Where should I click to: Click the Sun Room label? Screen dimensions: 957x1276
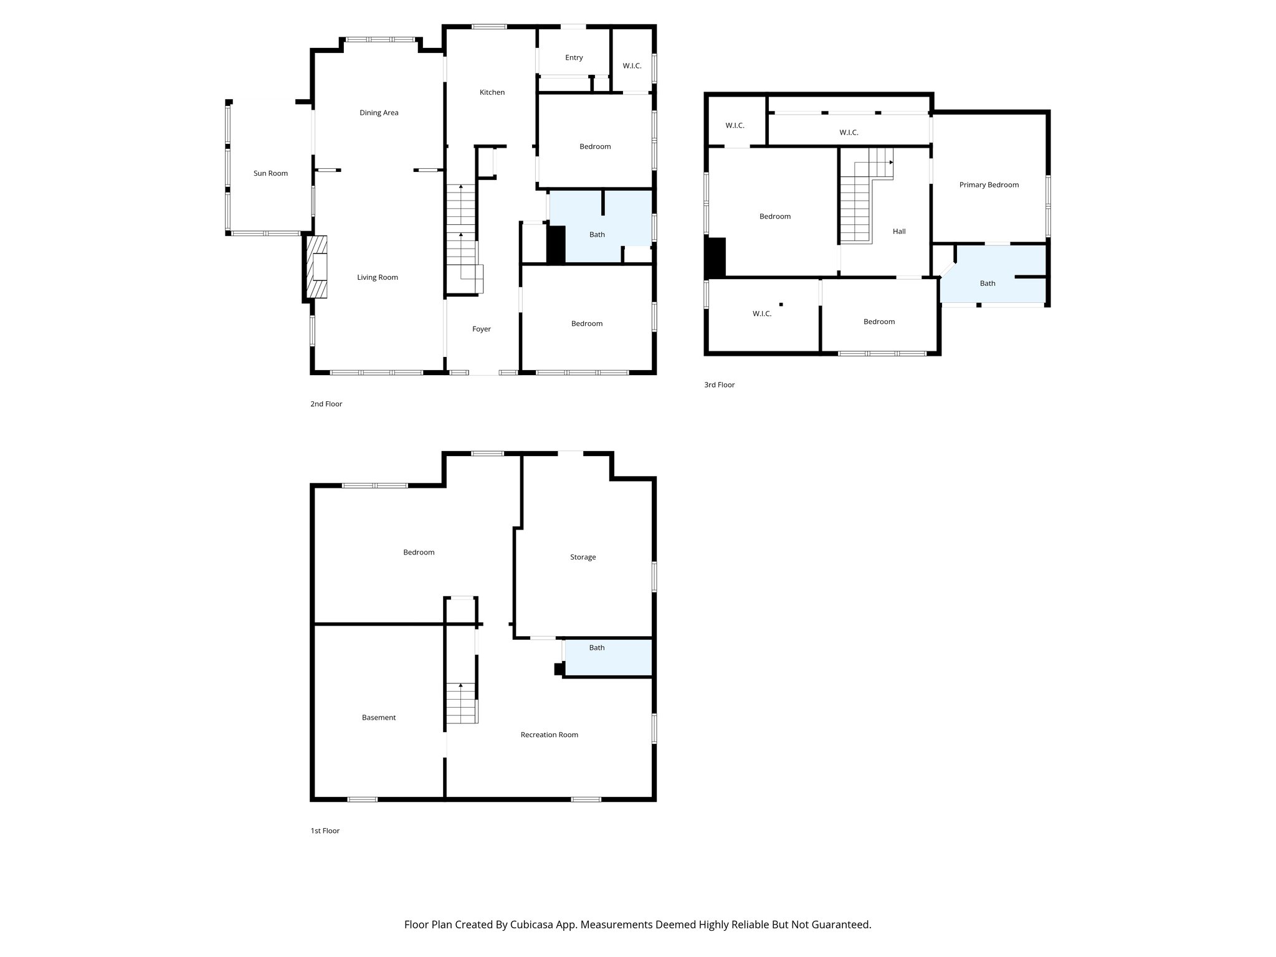(x=270, y=173)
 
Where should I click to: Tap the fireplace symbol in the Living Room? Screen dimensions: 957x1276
(x=318, y=268)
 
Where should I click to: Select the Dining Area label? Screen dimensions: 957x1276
(x=379, y=113)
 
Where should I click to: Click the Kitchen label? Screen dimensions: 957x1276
(x=492, y=92)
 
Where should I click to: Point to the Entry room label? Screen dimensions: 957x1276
(x=574, y=57)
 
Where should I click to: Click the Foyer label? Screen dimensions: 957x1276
(x=481, y=329)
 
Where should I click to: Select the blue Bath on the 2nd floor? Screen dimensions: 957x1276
(x=597, y=234)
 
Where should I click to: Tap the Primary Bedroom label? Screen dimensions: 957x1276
(x=989, y=184)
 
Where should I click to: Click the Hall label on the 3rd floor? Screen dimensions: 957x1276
(x=898, y=231)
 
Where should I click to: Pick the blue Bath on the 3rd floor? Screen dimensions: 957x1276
(x=988, y=283)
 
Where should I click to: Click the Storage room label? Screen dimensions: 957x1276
(x=583, y=557)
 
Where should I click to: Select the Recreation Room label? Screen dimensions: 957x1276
(x=549, y=735)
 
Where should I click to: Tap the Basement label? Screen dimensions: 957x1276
(x=379, y=717)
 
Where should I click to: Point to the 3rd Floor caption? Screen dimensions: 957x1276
(x=719, y=384)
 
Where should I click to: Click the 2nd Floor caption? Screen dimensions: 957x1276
(x=326, y=404)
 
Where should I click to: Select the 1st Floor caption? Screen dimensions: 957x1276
(x=325, y=831)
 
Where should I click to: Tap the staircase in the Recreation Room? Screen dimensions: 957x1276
(x=461, y=703)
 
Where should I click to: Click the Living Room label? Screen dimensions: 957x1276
(x=377, y=277)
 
